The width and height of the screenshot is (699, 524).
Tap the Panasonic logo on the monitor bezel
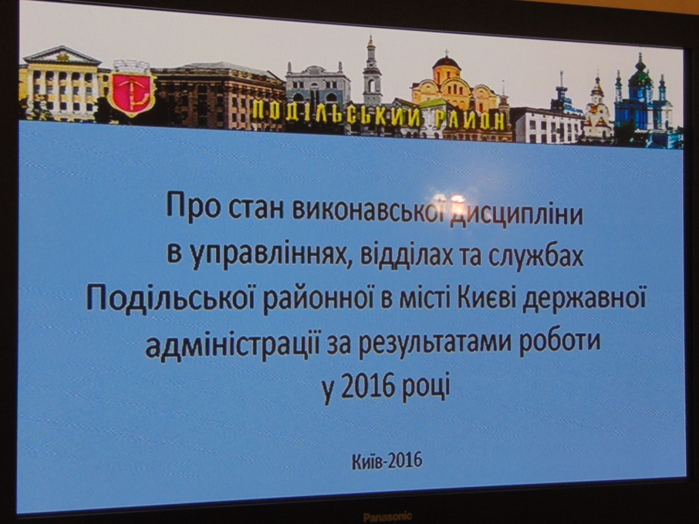[387, 517]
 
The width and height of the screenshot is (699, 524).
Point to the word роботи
[559, 343]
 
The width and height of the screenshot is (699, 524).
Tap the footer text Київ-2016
[387, 461]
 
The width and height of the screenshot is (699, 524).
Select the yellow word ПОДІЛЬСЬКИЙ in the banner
[336, 113]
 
